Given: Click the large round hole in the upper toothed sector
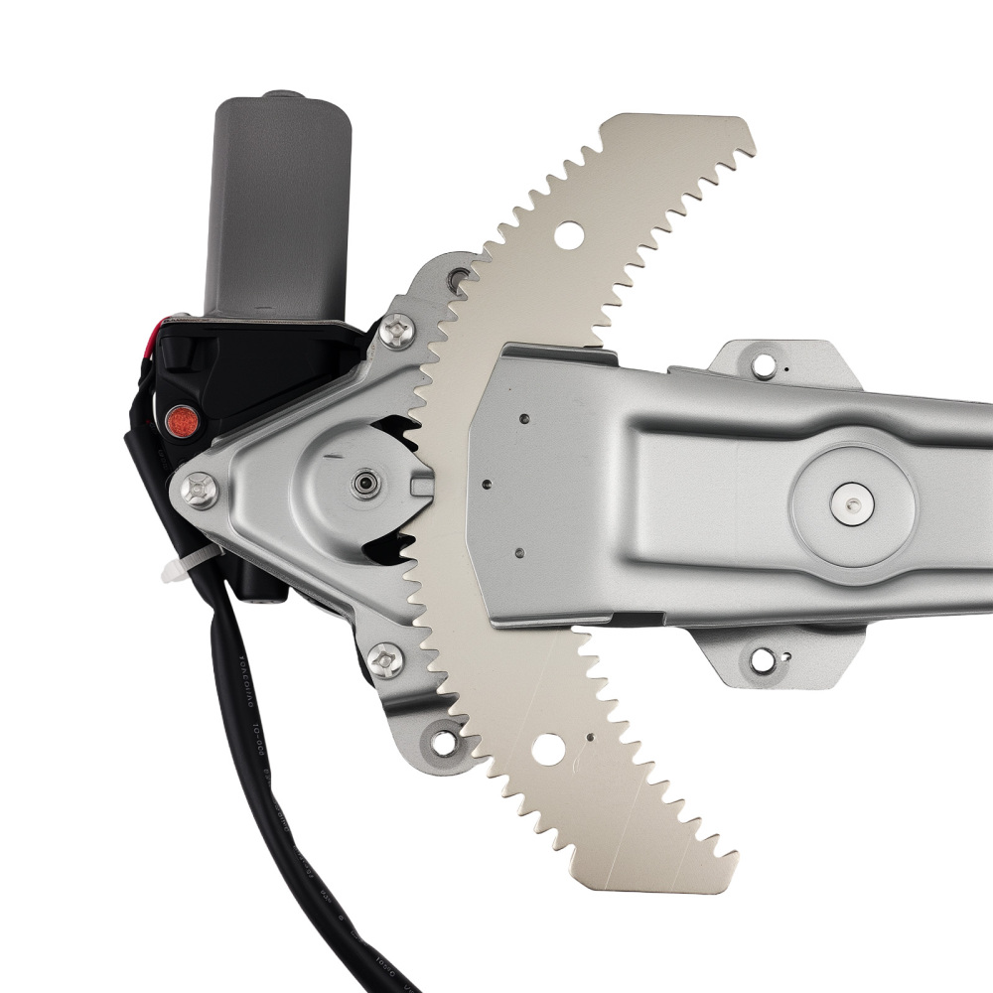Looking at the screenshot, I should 569,236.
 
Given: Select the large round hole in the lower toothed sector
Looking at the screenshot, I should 548,747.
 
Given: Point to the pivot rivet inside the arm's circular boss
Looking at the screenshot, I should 852,503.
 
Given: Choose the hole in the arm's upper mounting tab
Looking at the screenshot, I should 763,364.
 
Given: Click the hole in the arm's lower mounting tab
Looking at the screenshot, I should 762,658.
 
